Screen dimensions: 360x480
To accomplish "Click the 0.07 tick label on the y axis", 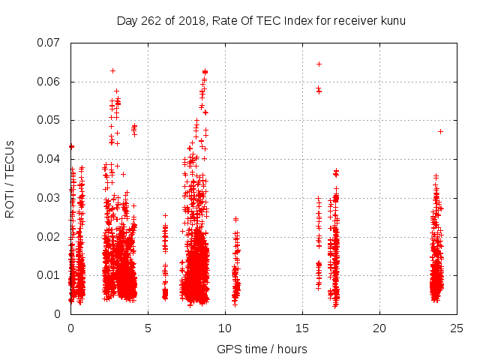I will [x=49, y=43].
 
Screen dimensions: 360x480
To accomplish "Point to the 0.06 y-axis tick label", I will [x=49, y=82].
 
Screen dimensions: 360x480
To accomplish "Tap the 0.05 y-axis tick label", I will [x=49, y=120].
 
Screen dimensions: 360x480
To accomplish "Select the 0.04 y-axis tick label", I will [x=49, y=159].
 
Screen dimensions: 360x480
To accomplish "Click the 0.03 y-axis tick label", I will [x=49, y=198].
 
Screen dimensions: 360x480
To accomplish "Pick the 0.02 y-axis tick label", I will [x=49, y=236].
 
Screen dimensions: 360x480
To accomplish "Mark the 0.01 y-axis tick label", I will [x=49, y=275].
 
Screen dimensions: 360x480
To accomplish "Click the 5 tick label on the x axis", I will [x=148, y=328].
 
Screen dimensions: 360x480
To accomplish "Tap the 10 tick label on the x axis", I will [x=225, y=328].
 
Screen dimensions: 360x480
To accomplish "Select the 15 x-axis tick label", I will [x=302, y=328].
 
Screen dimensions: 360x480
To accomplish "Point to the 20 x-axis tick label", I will [x=379, y=328].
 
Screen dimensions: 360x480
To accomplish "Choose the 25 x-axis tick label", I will [x=457, y=328].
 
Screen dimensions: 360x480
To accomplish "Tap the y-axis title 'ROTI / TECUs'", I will [x=10, y=178].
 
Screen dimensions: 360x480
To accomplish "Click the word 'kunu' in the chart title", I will [x=392, y=20].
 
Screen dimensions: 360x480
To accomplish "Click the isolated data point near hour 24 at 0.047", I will [x=440, y=131].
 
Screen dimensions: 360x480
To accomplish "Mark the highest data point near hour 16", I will [x=319, y=64].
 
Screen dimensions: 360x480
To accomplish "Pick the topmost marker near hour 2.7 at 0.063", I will [x=112, y=70].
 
